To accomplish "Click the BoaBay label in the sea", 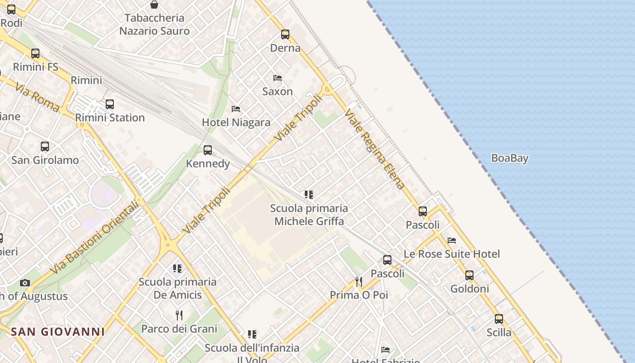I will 510,158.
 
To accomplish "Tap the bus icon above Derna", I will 285,34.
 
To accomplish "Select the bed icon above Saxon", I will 278,78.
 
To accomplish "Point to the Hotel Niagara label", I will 236,122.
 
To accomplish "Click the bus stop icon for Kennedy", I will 208,150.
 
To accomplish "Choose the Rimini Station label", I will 110,118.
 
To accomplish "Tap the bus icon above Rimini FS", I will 35,54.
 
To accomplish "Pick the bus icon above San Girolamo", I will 44,147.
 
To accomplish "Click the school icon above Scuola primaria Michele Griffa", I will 309,195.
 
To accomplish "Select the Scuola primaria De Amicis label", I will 177,288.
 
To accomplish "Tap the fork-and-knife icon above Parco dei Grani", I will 179,315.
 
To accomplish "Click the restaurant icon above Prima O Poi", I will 359,282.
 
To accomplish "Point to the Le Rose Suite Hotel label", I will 452,254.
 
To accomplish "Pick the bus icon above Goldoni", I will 469,275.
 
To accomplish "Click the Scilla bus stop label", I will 499,333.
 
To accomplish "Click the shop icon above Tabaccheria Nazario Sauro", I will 154,5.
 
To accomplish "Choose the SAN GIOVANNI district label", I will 58,332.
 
